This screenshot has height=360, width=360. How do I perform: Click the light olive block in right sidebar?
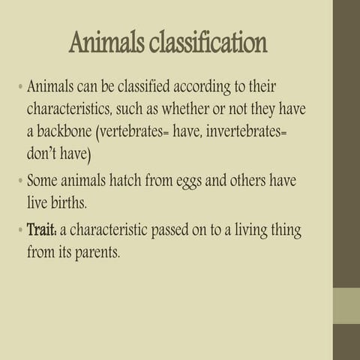[346, 304]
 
